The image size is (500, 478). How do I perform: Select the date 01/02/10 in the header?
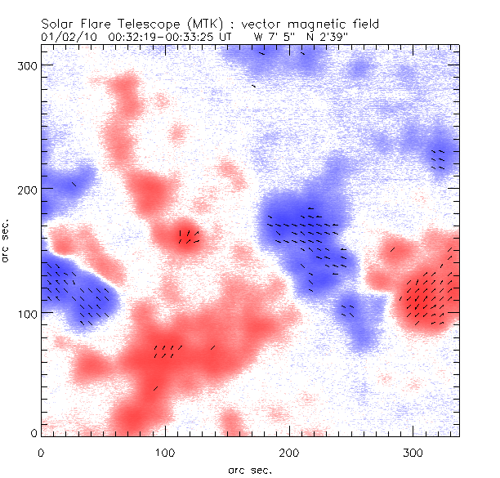(x=65, y=36)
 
